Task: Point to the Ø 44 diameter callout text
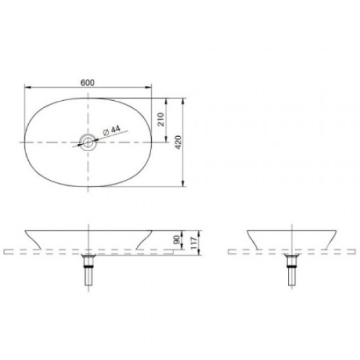[x=112, y=131]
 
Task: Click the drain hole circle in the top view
[x=88, y=141]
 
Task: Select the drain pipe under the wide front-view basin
[x=88, y=271]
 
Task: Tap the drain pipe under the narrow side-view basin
[x=291, y=271]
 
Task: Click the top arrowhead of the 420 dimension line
[x=184, y=100]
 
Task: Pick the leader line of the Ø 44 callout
[x=98, y=138]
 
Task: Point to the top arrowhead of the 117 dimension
[x=193, y=231]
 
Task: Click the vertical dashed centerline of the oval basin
[x=88, y=170]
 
